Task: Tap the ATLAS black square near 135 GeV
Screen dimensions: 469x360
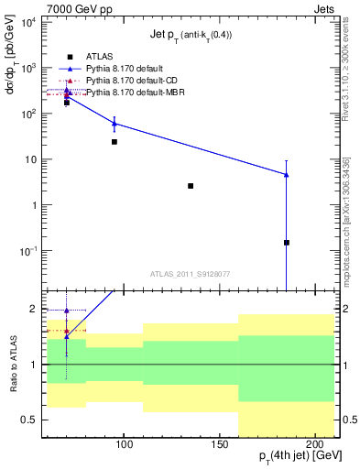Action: tap(191, 186)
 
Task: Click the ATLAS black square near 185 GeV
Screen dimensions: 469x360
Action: tap(287, 243)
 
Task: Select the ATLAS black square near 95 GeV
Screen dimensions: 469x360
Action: tap(115, 142)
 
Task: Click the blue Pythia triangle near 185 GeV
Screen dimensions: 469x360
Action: tap(287, 174)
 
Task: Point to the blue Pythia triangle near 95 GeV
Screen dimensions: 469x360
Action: tap(115, 123)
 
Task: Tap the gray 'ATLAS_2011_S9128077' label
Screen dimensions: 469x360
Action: tap(191, 273)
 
